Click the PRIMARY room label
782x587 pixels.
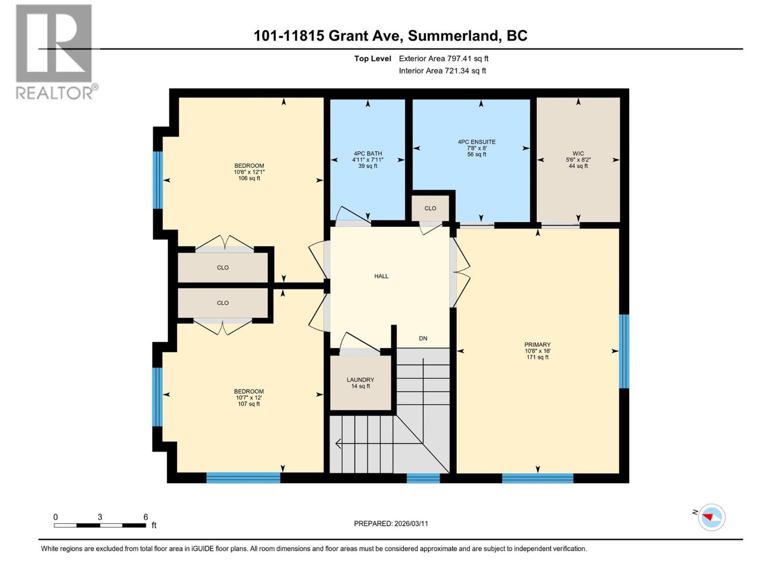537,345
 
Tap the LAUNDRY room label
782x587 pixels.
360,380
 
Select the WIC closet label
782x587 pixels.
578,154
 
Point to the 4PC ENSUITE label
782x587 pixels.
477,142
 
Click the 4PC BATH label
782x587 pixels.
368,154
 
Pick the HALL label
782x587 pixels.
381,276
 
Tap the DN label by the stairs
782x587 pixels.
423,339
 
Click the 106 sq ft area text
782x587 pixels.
249,179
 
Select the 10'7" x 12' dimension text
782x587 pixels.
249,398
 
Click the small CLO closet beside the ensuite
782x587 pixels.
430,208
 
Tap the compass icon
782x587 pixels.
712,517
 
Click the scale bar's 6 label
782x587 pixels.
146,517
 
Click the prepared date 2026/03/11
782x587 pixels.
410,523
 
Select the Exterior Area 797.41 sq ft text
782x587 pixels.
443,59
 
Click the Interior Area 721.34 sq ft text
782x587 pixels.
442,71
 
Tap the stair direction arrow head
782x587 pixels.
338,444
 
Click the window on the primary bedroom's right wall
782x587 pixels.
624,351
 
